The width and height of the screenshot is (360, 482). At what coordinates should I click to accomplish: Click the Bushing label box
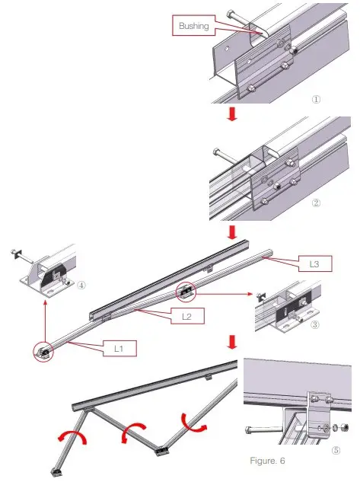[x=193, y=26]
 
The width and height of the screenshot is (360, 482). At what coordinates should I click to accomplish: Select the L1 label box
[x=119, y=348]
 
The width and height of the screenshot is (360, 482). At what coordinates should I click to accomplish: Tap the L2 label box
[x=187, y=316]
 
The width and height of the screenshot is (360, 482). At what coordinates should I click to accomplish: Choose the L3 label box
[x=315, y=263]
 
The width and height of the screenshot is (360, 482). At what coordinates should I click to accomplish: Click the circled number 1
[x=316, y=99]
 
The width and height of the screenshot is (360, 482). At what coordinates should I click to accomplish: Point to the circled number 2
[x=316, y=203]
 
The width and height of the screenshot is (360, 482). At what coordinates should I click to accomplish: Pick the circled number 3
[x=315, y=324]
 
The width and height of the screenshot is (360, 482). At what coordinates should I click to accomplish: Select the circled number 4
[x=81, y=286]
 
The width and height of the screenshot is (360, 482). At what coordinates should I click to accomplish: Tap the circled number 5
[x=336, y=450]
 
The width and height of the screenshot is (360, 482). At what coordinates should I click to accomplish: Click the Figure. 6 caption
[x=268, y=461]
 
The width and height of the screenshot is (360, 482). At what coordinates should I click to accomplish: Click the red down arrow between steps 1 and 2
[x=232, y=114]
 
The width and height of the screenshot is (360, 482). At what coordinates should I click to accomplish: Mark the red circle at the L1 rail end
[x=43, y=351]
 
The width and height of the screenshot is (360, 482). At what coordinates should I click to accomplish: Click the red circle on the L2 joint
[x=186, y=292]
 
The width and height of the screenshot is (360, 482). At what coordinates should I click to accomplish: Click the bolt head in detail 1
[x=231, y=14]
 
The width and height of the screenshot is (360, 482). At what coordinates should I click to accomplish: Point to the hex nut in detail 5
[x=345, y=427]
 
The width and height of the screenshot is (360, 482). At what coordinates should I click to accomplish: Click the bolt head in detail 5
[x=249, y=429]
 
